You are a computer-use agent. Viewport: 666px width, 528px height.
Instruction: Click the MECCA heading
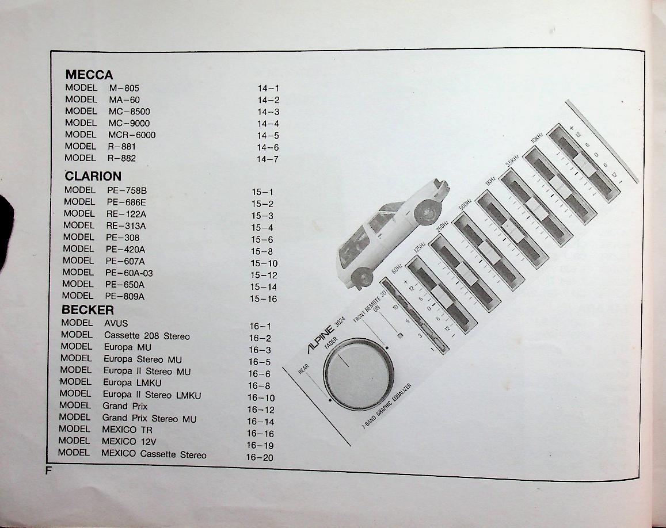[x=89, y=75]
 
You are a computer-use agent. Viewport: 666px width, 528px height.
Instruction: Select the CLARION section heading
[x=93, y=176]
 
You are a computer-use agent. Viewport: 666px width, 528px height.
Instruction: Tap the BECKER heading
[x=88, y=310]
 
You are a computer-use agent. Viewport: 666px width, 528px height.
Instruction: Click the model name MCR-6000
[x=132, y=135]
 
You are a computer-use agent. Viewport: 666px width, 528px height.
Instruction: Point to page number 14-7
[x=268, y=159]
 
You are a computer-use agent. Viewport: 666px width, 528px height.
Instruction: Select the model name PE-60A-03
[x=129, y=273]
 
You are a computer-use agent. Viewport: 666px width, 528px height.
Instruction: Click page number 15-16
[x=263, y=299]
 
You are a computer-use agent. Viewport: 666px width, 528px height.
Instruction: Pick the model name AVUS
[x=116, y=323]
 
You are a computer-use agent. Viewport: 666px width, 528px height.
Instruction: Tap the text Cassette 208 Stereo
[x=147, y=336]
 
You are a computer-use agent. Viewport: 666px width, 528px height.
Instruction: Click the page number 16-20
[x=260, y=458]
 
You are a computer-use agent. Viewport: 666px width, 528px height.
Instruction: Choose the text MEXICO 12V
[x=129, y=441]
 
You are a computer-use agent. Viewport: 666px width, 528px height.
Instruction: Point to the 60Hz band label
[x=397, y=269]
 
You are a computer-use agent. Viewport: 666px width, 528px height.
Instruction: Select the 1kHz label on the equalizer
[x=490, y=181]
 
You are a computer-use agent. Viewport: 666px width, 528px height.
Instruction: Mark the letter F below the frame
[x=49, y=470]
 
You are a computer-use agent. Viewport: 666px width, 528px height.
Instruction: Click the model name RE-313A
[x=125, y=226]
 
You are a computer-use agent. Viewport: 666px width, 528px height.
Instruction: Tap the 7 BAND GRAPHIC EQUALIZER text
[x=386, y=407]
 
